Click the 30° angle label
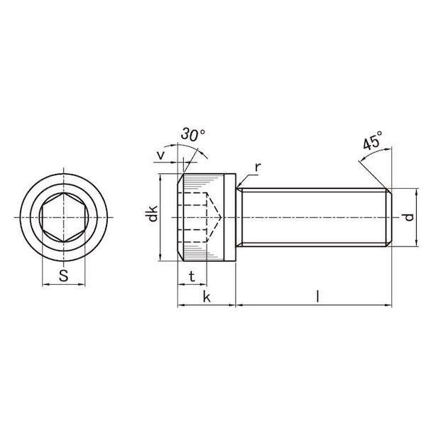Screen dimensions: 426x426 coord(193,135)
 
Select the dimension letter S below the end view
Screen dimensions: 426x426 coord(63,276)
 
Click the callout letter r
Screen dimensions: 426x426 coord(258,166)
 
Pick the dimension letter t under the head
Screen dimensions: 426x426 coord(191,275)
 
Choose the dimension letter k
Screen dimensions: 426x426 coord(207,297)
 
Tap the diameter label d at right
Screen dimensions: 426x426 coord(408,217)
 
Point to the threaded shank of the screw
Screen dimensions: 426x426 coord(312,217)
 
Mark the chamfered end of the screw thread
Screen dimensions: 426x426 coord(388,217)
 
